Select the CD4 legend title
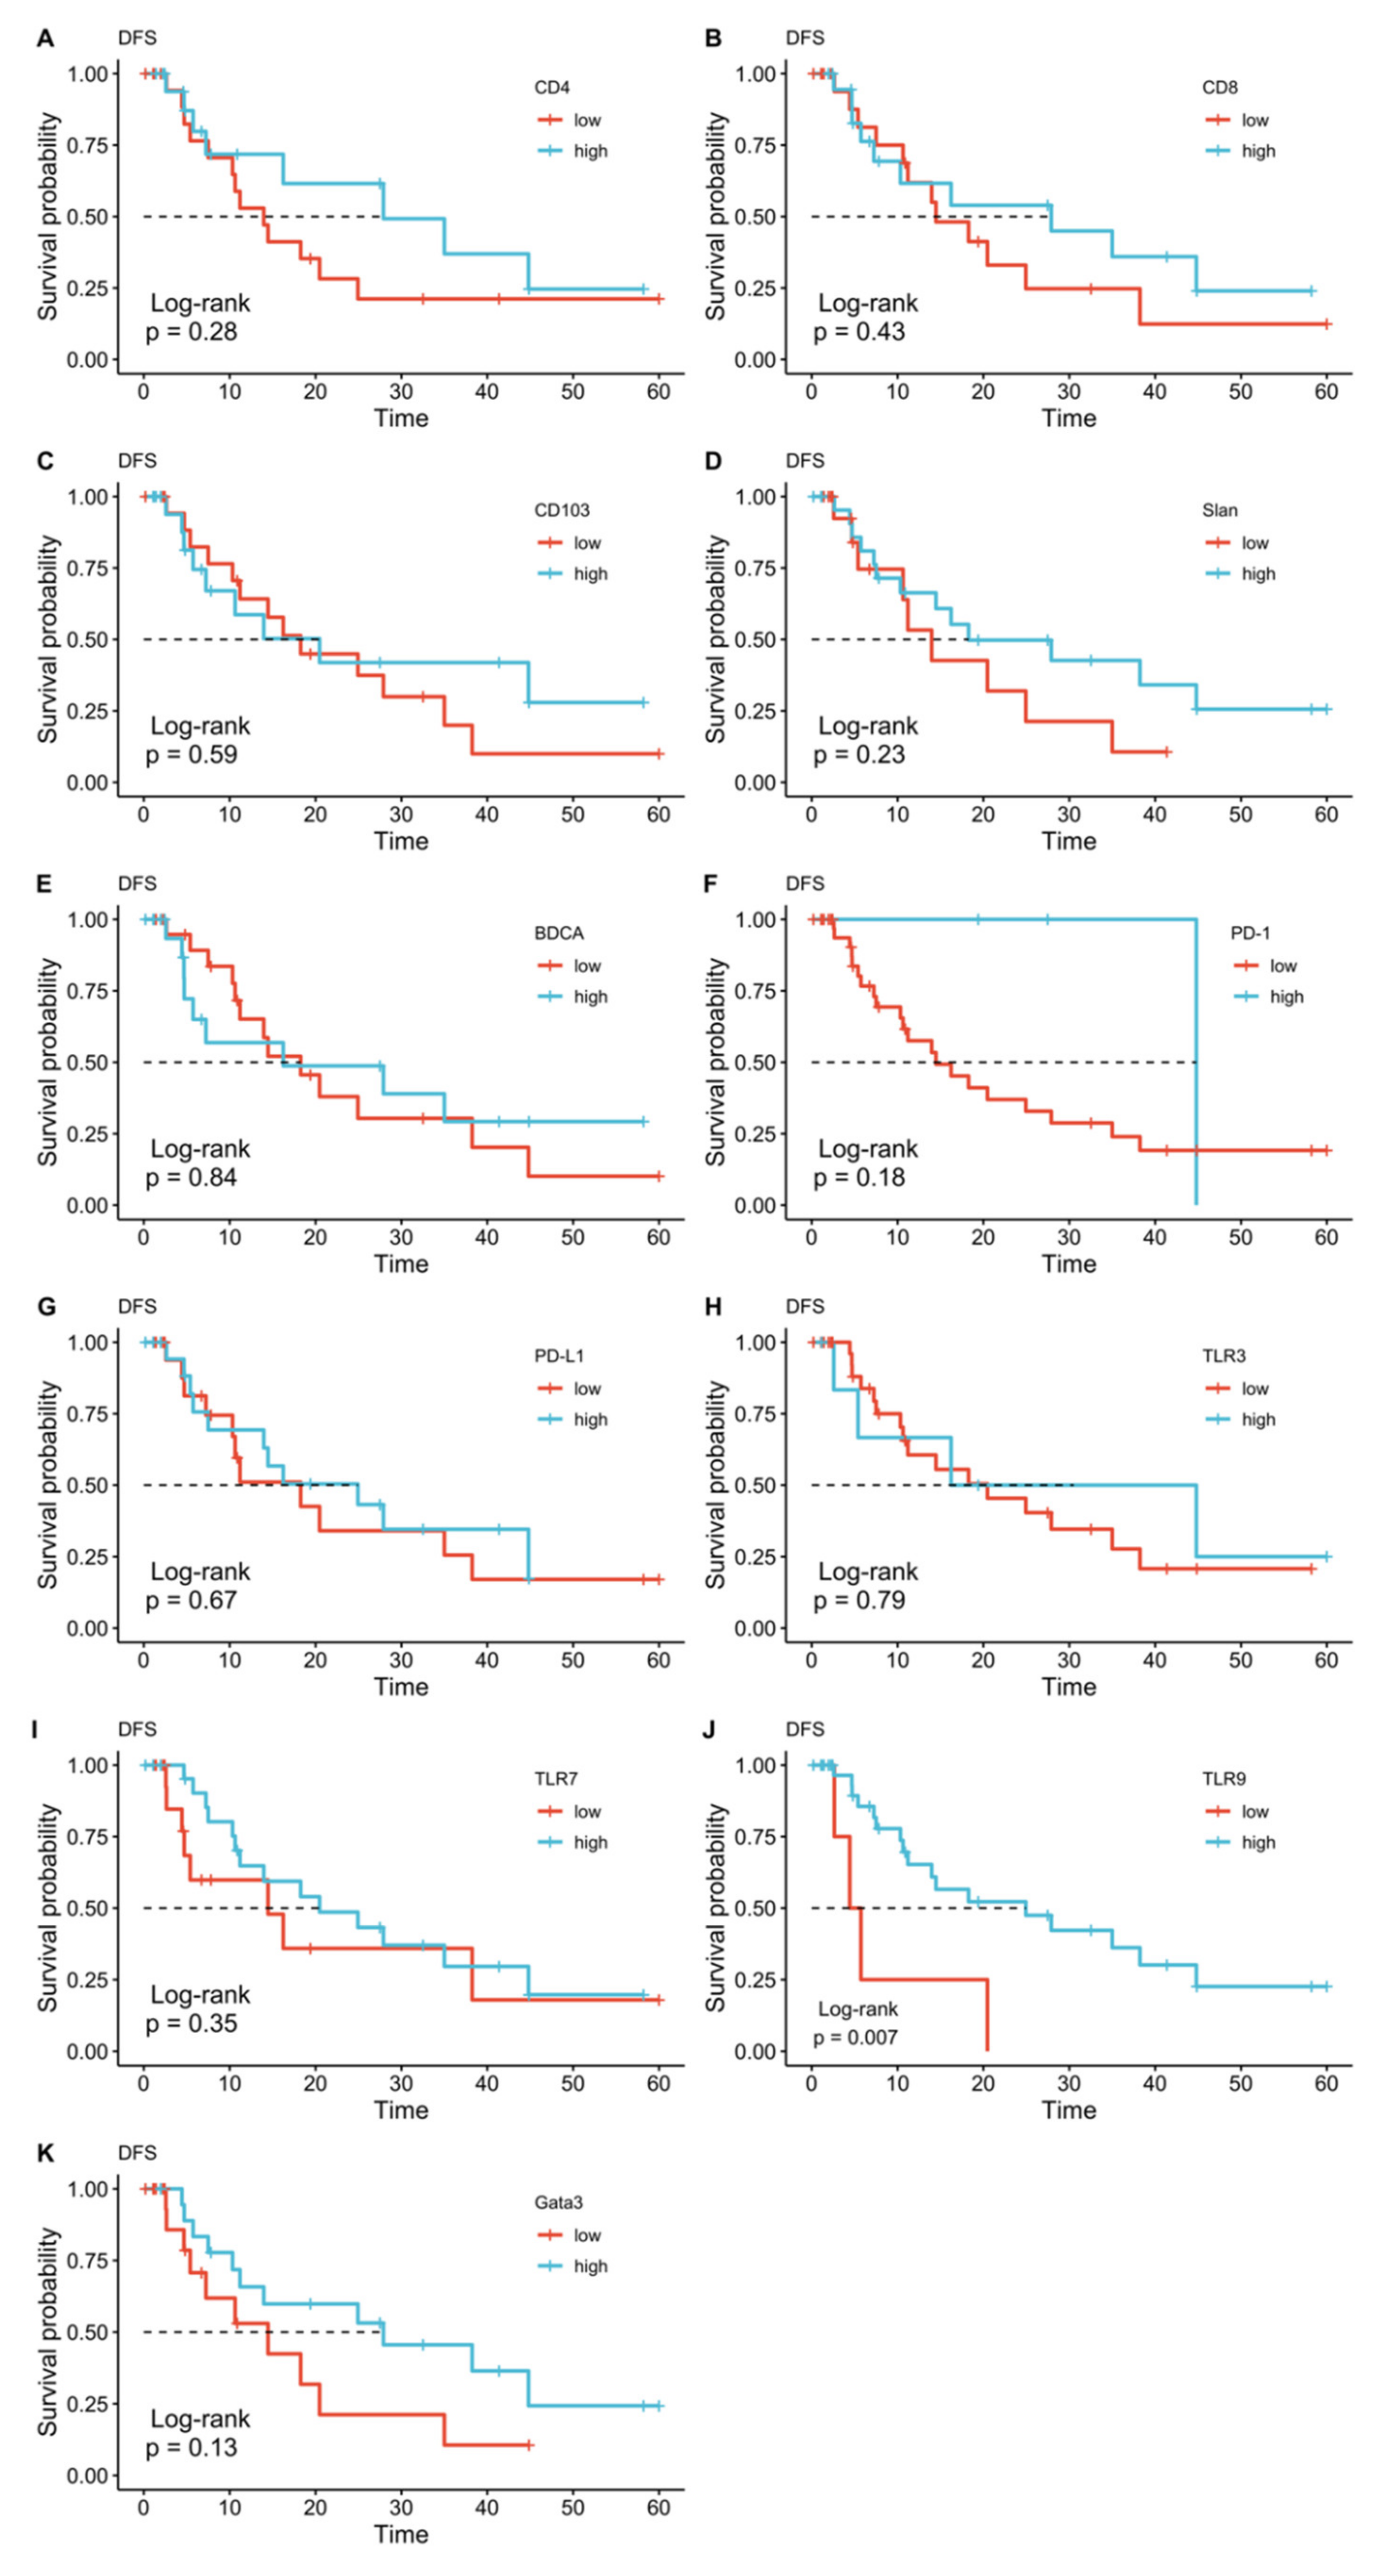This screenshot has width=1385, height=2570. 552,88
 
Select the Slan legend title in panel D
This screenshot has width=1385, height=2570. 1219,511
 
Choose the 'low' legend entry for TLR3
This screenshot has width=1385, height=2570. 1254,1389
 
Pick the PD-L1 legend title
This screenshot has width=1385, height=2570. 559,1356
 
